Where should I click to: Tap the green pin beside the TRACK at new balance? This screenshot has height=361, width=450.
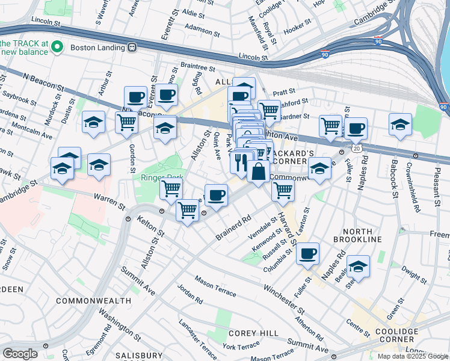click(x=57, y=47)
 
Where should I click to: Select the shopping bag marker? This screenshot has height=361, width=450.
click(x=258, y=171)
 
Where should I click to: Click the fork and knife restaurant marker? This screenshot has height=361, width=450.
click(x=241, y=161)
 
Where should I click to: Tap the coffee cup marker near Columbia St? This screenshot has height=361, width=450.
click(x=307, y=253)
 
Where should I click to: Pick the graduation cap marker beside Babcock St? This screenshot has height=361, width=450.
click(x=400, y=124)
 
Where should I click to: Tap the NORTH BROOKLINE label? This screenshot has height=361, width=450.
click(x=362, y=235)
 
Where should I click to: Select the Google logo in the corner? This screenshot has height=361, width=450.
click(x=19, y=354)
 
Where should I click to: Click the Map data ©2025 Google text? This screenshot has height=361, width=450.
click(x=413, y=356)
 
